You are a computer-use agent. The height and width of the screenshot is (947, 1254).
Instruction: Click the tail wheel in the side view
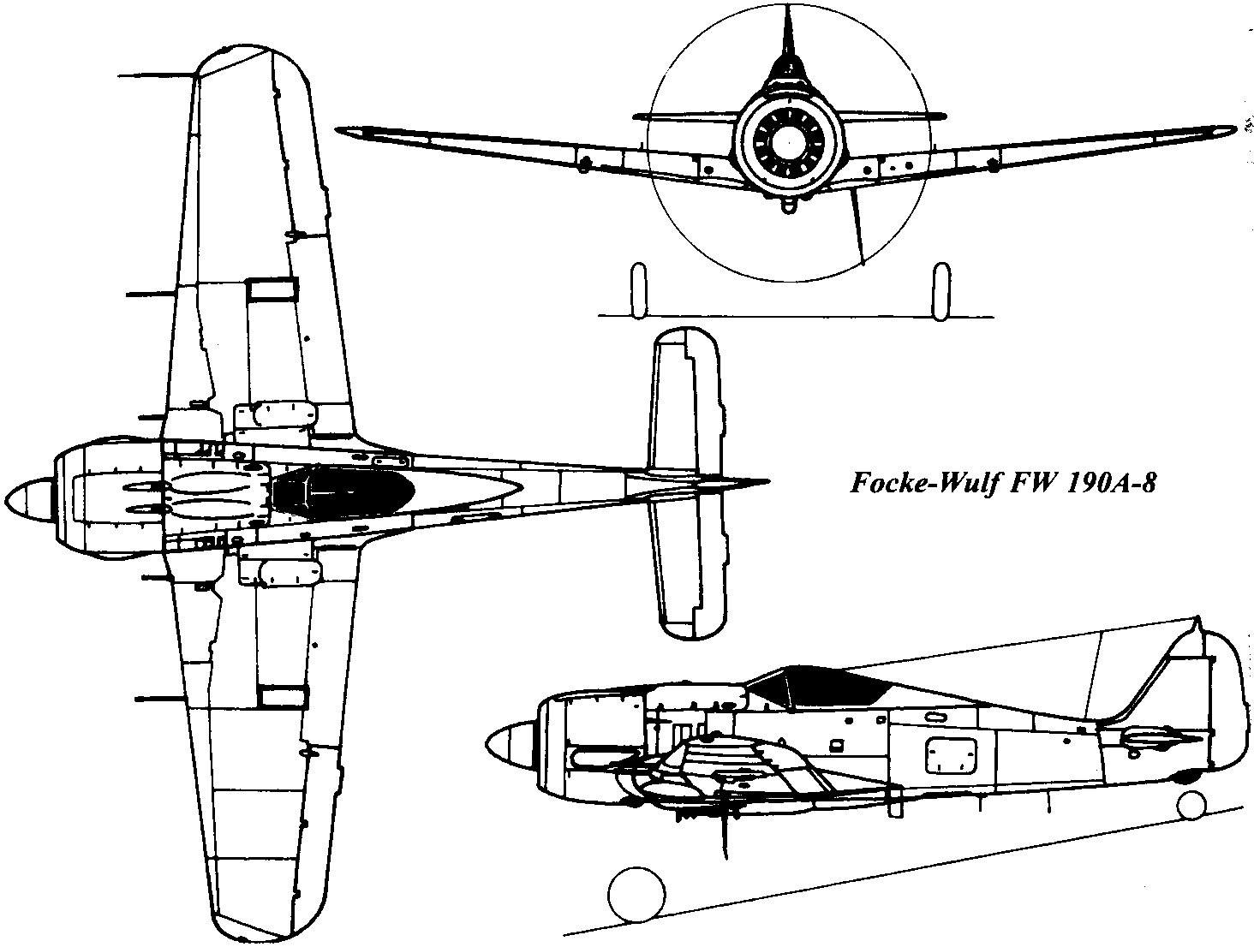[x=1191, y=805]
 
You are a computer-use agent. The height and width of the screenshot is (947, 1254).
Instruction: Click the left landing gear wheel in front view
[x=638, y=289]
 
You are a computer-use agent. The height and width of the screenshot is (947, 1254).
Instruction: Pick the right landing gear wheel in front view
[x=940, y=289]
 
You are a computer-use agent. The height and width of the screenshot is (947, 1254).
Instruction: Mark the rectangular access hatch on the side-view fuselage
[x=950, y=754]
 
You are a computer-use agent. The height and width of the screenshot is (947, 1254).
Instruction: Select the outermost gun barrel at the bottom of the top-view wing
[x=160, y=699]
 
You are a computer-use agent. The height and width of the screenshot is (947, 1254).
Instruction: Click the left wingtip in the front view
[x=342, y=131]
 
